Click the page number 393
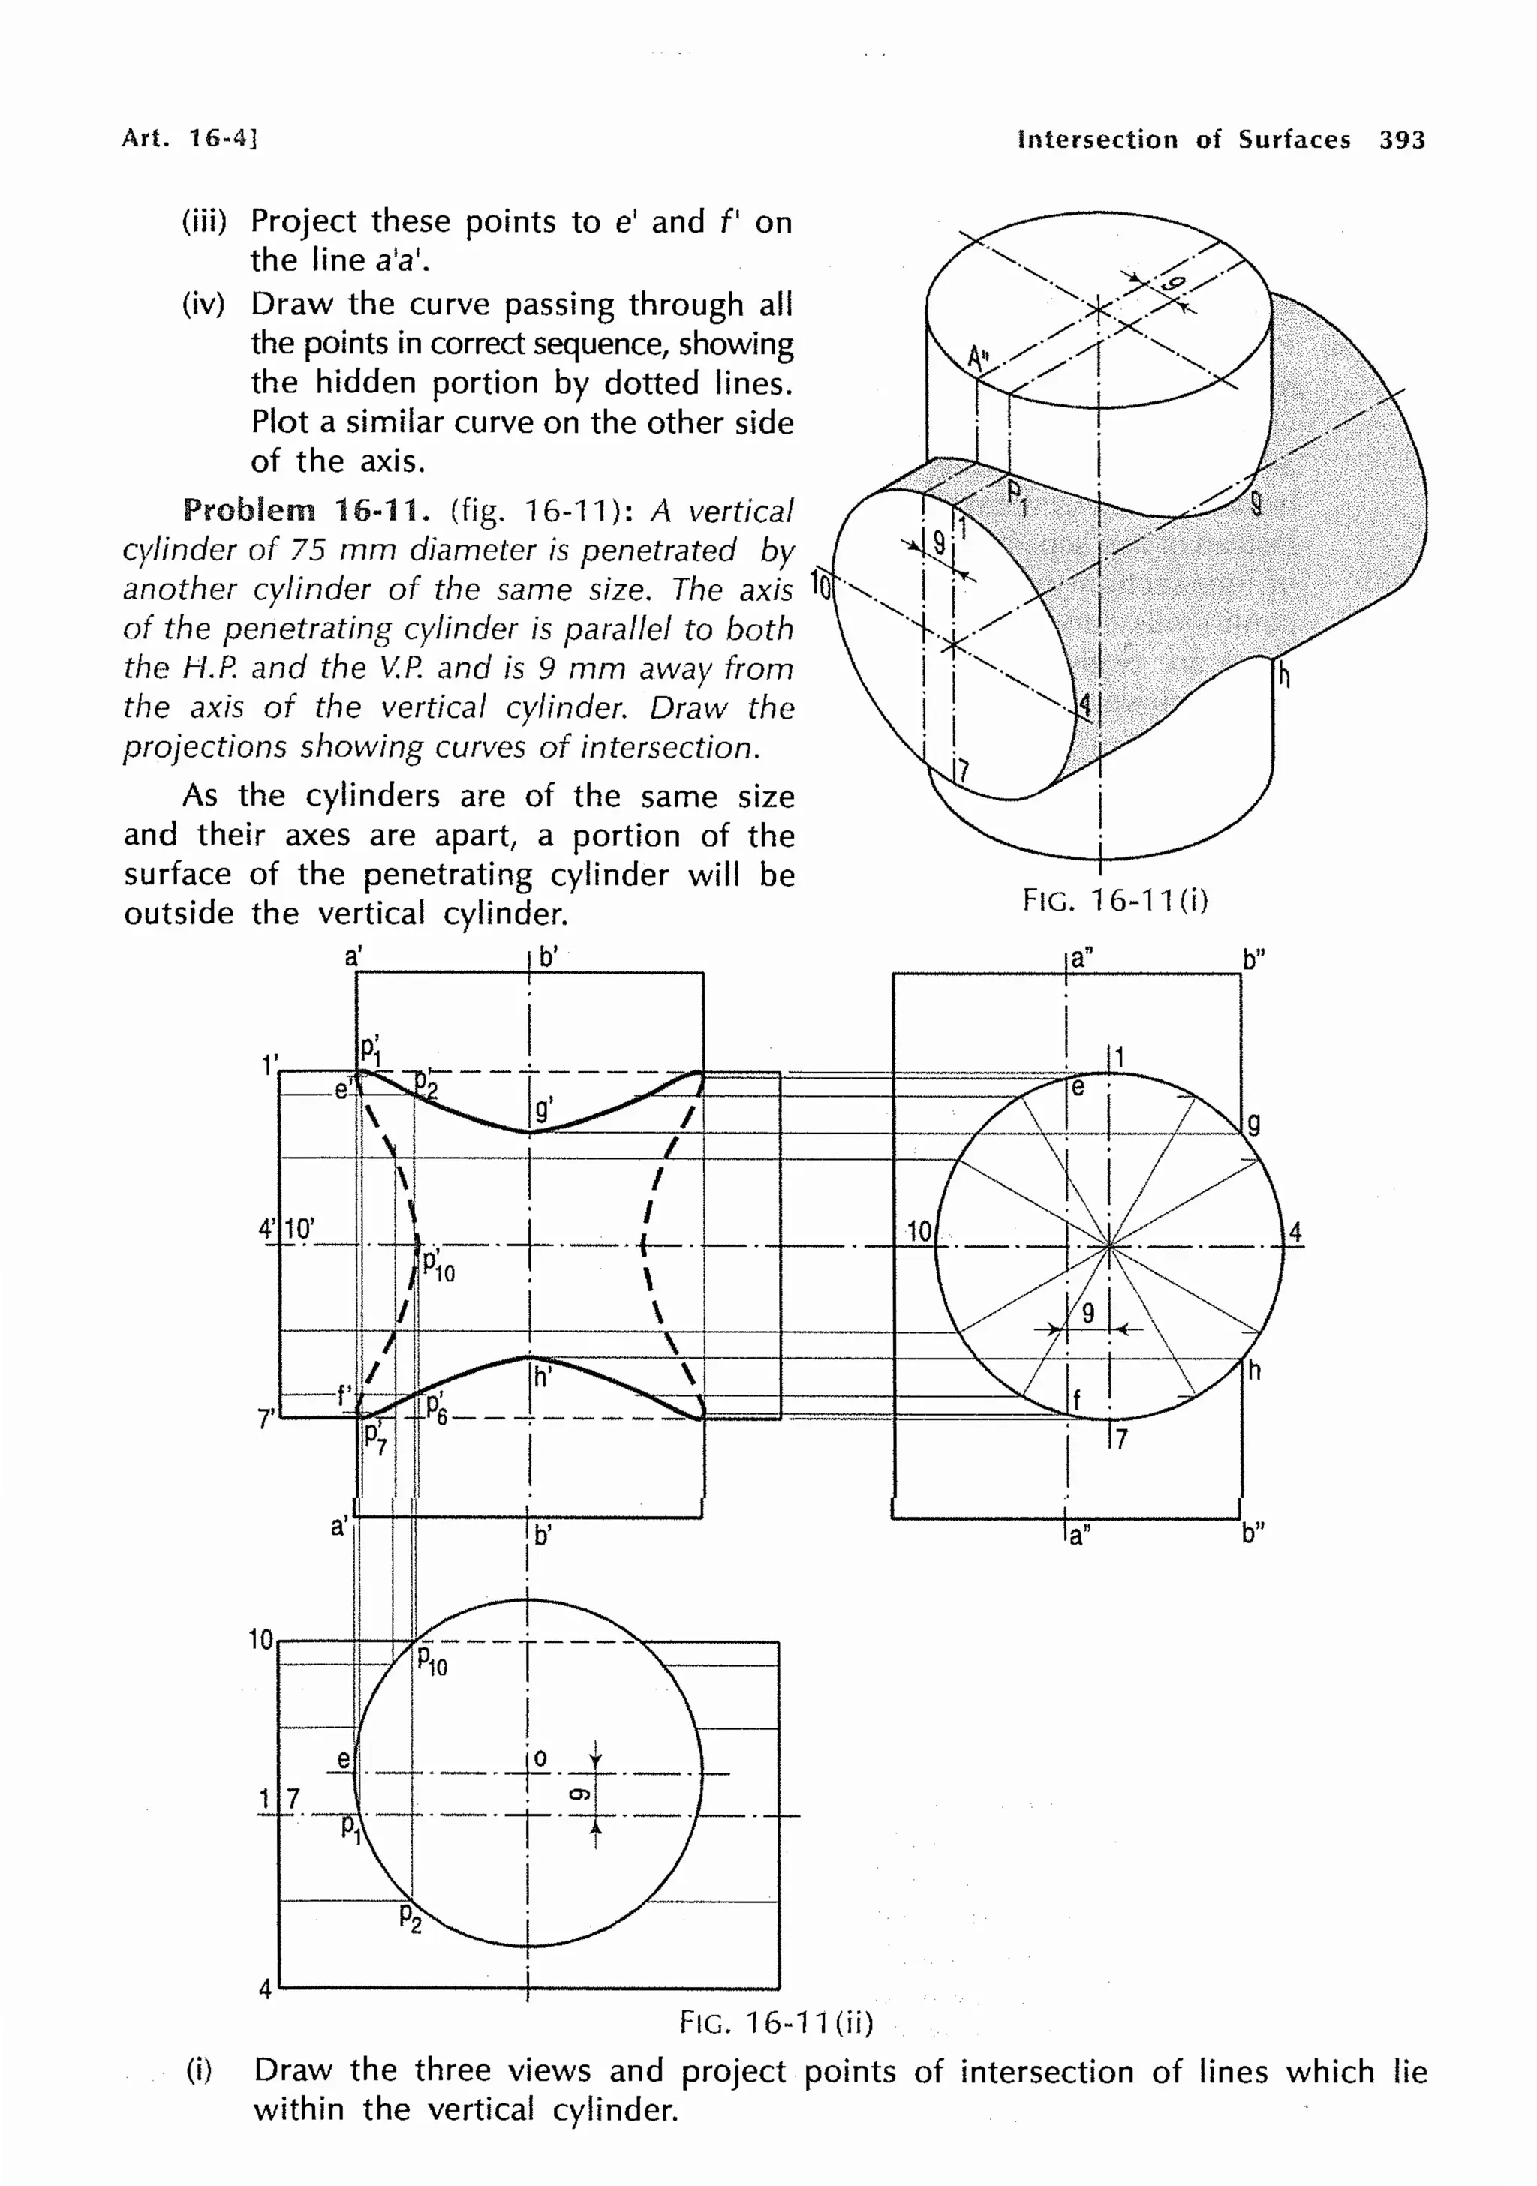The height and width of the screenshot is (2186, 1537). [1402, 140]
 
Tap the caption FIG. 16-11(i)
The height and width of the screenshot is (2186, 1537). [1115, 899]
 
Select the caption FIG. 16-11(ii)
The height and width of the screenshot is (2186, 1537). [776, 2022]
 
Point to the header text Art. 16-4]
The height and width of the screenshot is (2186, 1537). [190, 138]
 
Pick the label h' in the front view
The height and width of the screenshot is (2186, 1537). [543, 1377]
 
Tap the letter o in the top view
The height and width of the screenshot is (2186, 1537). [540, 1758]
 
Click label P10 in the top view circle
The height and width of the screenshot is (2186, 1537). [432, 1662]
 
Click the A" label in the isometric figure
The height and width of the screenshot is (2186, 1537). [978, 359]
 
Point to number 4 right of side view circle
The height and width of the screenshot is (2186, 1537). [1295, 1234]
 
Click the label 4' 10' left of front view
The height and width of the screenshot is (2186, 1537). [286, 1229]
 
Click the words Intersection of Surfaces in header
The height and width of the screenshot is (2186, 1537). [1184, 140]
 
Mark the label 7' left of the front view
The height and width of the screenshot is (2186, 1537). [266, 1419]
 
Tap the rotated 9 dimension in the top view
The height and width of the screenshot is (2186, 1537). [577, 1794]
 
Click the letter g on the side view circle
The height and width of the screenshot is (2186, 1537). [1254, 1125]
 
